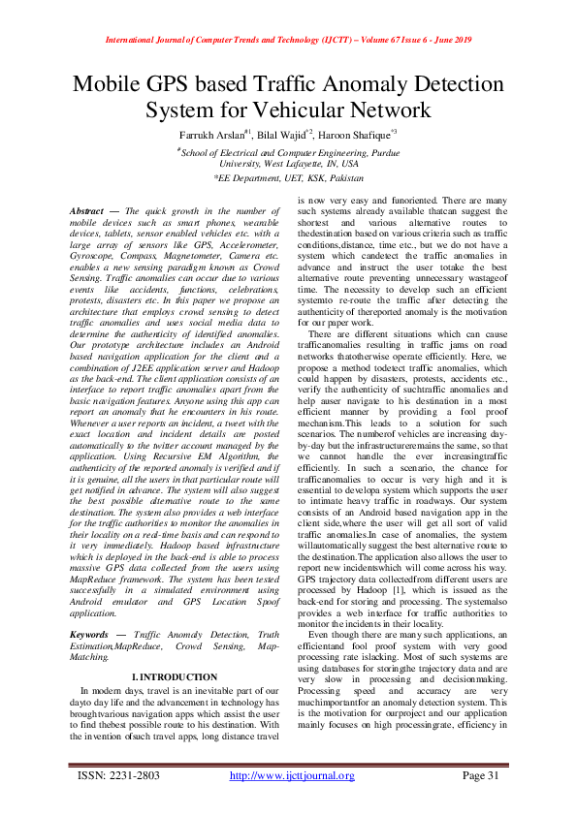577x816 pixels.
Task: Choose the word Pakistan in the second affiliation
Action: (343, 179)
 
